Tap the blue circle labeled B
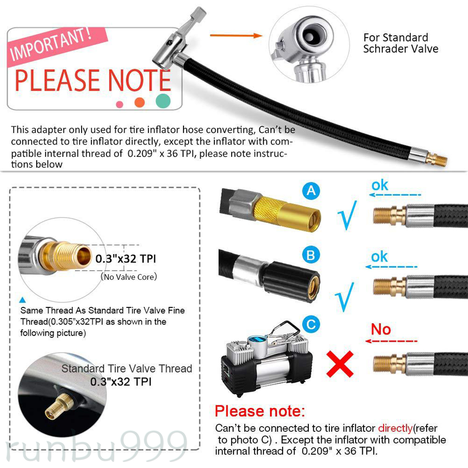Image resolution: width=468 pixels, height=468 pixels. pos(312,255)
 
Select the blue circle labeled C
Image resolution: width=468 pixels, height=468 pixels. pos(312,325)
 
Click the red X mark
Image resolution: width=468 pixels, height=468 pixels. pos(340,363)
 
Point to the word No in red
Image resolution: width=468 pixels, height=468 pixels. pos(380,329)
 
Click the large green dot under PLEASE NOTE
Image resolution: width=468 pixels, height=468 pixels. pos(163,100)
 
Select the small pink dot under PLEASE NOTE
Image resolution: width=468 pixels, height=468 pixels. pos(120,104)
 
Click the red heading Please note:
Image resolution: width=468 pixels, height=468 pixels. pos(260,411)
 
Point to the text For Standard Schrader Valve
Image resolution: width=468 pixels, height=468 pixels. pos(401,43)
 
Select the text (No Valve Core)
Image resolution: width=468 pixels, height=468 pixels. pos(128,277)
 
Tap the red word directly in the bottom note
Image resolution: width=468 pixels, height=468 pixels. pos(395,428)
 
